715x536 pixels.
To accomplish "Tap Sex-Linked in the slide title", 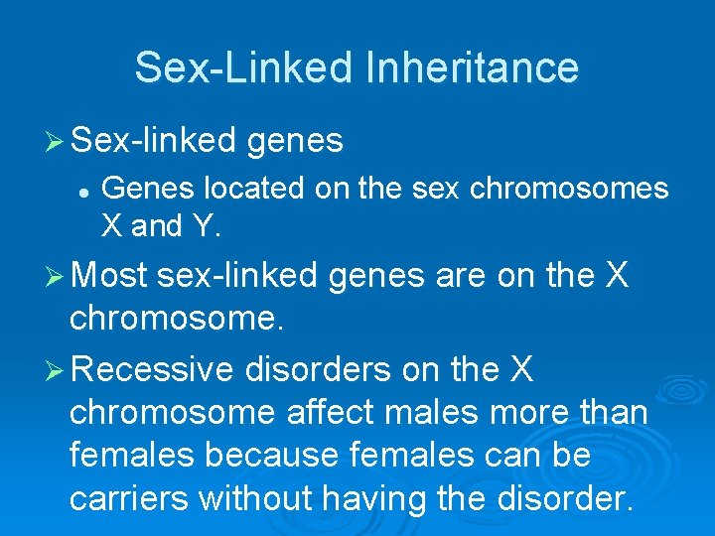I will coord(243,67).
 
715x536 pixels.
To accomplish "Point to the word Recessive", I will coord(153,370).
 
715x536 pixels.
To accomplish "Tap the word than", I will coord(611,412).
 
